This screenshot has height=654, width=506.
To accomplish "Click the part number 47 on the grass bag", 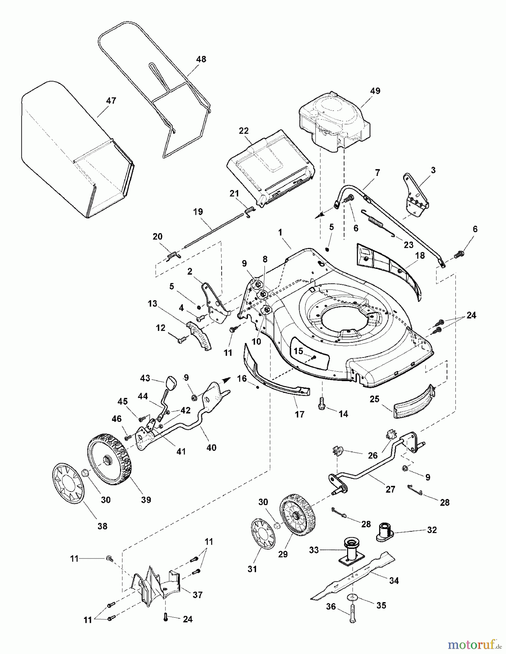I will [x=111, y=101].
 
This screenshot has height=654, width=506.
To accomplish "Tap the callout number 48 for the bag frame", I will [x=201, y=59].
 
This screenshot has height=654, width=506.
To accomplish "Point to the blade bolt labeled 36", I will [x=352, y=617].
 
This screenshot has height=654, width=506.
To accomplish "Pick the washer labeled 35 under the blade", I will [x=352, y=596].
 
